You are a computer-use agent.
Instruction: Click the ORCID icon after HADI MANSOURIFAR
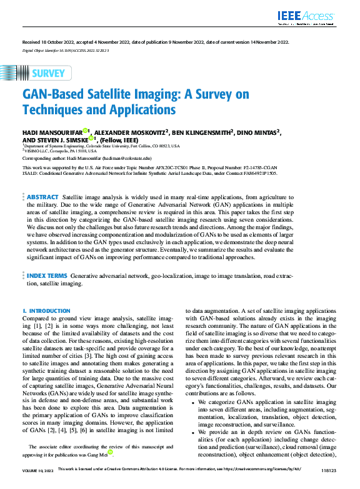click(x=85, y=131)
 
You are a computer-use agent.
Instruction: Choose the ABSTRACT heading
click(x=42, y=196)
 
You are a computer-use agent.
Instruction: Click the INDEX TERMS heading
click(x=47, y=292)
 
